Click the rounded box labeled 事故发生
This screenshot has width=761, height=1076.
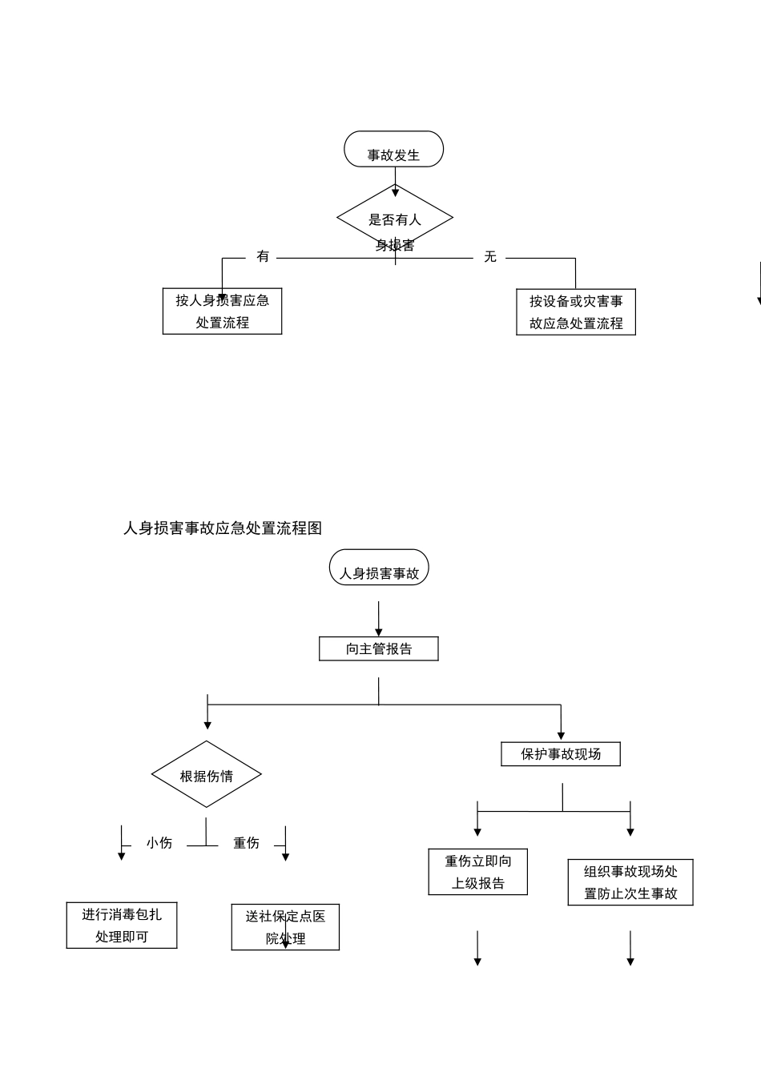pyautogui.click(x=393, y=150)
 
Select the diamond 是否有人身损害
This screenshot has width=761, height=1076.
pyautogui.click(x=395, y=219)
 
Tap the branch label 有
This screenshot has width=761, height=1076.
pyautogui.click(x=263, y=256)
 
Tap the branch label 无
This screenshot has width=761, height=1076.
pyautogui.click(x=490, y=256)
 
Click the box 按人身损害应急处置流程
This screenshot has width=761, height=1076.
pyautogui.click(x=222, y=311)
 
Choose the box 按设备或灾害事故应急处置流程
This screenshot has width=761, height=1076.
pyautogui.click(x=575, y=312)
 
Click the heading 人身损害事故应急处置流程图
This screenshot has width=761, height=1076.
pyautogui.click(x=223, y=528)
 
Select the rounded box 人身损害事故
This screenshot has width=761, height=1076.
pyautogui.click(x=379, y=568)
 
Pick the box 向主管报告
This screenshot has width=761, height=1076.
pyautogui.click(x=378, y=648)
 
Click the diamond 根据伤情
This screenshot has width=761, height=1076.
pyautogui.click(x=207, y=775)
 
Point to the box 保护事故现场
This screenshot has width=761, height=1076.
pyautogui.click(x=560, y=754)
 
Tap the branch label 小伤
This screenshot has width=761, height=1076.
pyautogui.click(x=159, y=843)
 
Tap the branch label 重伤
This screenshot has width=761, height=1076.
pyautogui.click(x=246, y=843)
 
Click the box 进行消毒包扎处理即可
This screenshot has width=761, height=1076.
pyautogui.click(x=122, y=925)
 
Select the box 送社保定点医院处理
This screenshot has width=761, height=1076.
pyautogui.click(x=285, y=927)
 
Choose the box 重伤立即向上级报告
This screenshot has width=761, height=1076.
pyautogui.click(x=477, y=872)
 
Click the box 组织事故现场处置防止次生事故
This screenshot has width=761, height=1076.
pyautogui.click(x=630, y=882)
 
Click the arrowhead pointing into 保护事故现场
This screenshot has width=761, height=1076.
pyautogui.click(x=561, y=734)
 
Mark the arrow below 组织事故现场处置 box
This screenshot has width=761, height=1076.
pyautogui.click(x=630, y=949)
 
